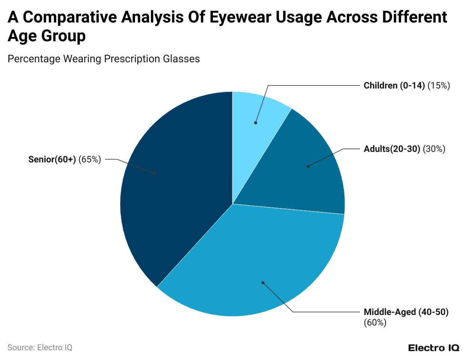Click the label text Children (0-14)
(394, 85)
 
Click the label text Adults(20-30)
(392, 149)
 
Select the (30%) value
(434, 149)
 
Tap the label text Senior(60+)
(52, 159)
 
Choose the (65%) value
(90, 159)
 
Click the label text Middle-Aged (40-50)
(406, 312)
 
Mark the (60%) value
(375, 322)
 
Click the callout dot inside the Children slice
(256, 123)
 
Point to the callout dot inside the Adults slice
(308, 166)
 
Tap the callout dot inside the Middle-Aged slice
(263, 282)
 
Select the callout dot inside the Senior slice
(154, 174)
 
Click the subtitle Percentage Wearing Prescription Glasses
(103, 59)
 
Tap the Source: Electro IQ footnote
(40, 348)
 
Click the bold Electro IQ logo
(433, 348)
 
